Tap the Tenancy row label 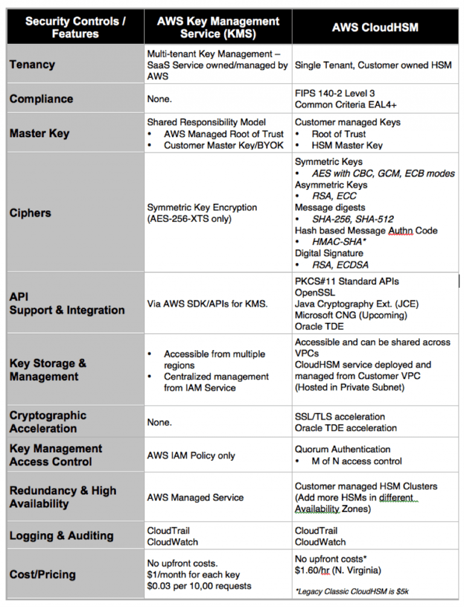pyautogui.click(x=32, y=65)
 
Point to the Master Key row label pyautogui.click(x=40, y=134)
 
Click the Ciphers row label pyautogui.click(x=30, y=213)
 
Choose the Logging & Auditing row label pyautogui.click(x=62, y=536)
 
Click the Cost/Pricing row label pyautogui.click(x=43, y=574)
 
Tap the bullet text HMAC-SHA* pyautogui.click(x=339, y=242)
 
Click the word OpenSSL pyautogui.click(x=316, y=293)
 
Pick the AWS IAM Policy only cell pyautogui.click(x=191, y=455)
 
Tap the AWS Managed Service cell pyautogui.click(x=195, y=498)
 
